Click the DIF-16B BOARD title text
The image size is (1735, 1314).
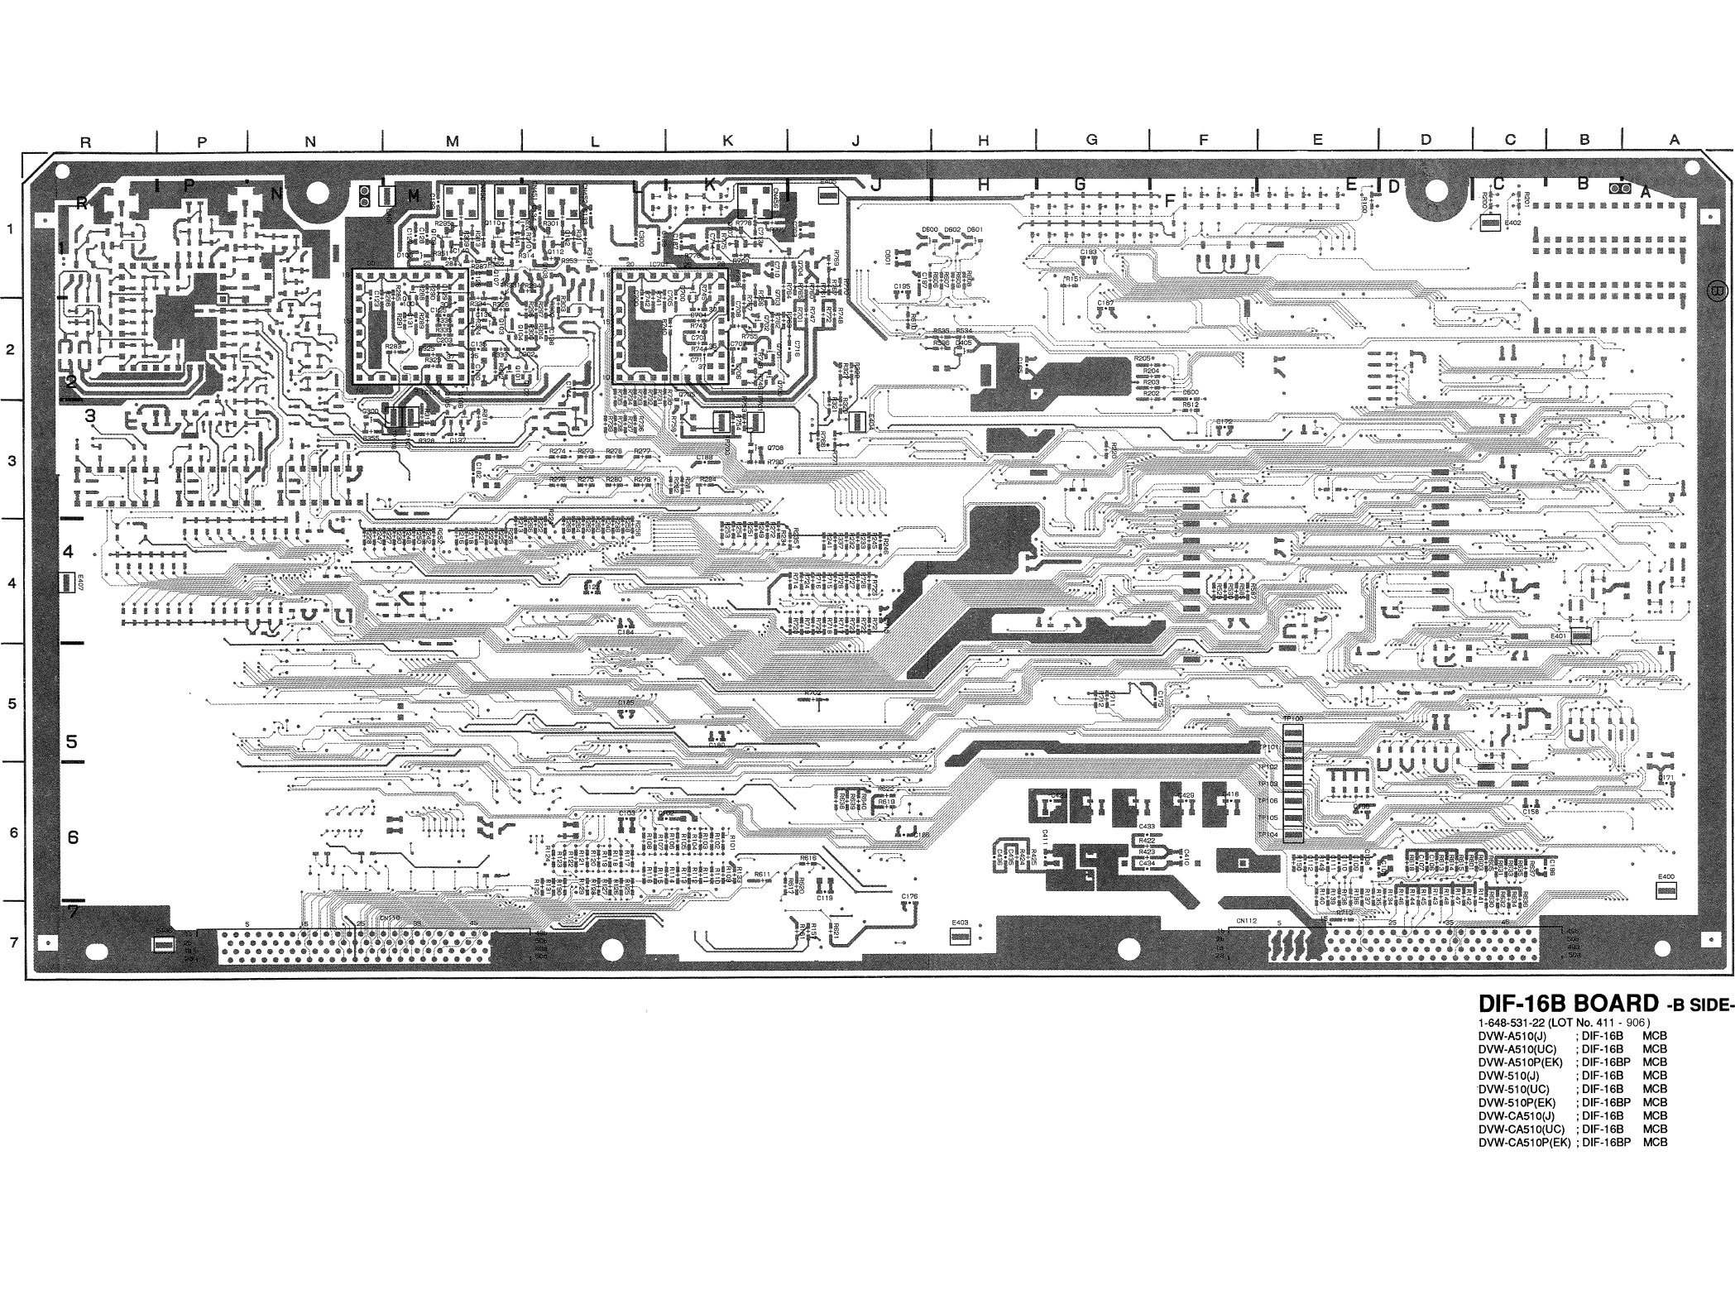point(1569,1004)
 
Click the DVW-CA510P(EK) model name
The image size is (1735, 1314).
point(1525,1142)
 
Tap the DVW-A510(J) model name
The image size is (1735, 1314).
point(1511,1035)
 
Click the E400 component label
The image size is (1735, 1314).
point(1666,877)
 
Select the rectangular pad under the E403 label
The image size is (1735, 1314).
point(960,936)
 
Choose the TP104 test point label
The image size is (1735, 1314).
point(1269,835)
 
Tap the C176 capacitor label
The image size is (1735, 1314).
point(909,896)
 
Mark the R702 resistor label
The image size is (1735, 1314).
point(812,693)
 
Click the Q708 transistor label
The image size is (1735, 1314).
point(775,448)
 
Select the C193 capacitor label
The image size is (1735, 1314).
point(1089,252)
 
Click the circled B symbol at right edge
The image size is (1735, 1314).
point(1717,291)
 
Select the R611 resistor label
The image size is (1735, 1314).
point(762,875)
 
